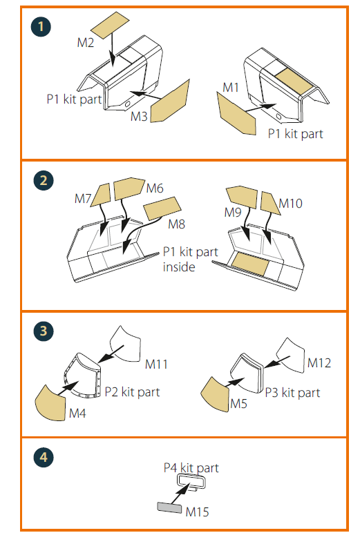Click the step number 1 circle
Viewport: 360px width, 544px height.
coord(41,27)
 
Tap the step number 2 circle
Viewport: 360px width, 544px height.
coord(44,180)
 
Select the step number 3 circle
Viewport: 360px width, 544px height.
coord(44,331)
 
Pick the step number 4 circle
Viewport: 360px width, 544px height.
coord(44,457)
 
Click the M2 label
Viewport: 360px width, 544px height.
coord(86,43)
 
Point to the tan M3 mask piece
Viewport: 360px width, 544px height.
coord(171,101)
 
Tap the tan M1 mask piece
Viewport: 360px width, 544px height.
coord(236,113)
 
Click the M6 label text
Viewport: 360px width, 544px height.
coord(155,188)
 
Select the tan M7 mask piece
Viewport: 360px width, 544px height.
coord(101,195)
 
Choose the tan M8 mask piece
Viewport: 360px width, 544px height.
coord(162,208)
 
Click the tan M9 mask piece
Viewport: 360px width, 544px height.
coord(242,197)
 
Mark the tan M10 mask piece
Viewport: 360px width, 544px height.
coord(269,203)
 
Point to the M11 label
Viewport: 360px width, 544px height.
coord(156,365)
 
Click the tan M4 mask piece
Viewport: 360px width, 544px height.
coord(50,403)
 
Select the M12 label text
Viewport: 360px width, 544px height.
coord(319,363)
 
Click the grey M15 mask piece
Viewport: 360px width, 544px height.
coord(169,507)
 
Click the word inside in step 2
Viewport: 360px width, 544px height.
coord(179,266)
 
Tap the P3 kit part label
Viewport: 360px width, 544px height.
coord(292,393)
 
